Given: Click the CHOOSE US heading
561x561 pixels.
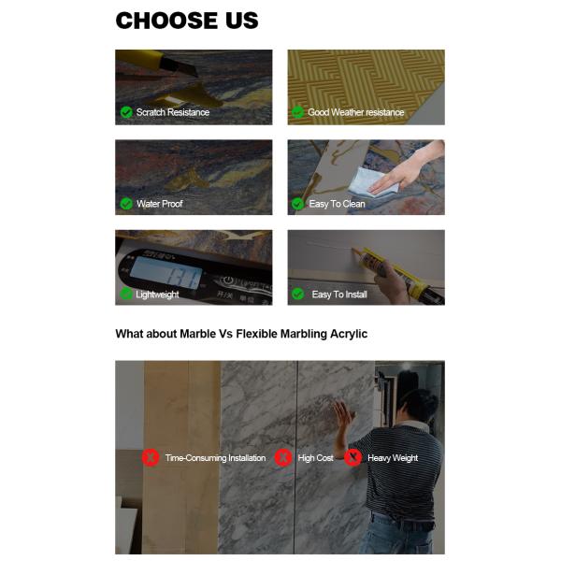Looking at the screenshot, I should click(187, 21).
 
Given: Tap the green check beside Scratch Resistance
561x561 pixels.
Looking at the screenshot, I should click(126, 112).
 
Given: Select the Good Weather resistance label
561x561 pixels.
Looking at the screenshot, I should click(355, 112).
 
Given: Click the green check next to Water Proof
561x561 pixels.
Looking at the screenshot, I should click(126, 203).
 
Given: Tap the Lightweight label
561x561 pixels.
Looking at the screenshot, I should click(157, 295).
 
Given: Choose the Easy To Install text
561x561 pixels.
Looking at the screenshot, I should click(338, 295).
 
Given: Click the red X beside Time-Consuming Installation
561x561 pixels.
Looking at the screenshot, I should click(150, 457).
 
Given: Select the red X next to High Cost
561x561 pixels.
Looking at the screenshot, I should click(283, 457).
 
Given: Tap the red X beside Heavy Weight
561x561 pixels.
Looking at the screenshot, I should click(352, 457).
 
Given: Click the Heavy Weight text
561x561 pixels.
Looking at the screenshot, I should click(393, 458).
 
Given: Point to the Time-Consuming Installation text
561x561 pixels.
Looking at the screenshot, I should click(215, 458).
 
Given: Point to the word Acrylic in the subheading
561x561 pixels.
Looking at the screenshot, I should click(345, 334).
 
